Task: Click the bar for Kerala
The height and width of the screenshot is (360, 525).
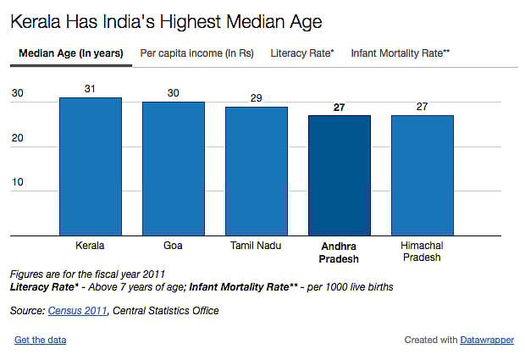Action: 90,166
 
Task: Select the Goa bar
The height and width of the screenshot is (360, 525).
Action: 173,169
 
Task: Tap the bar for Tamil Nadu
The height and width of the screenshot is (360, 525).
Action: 256,171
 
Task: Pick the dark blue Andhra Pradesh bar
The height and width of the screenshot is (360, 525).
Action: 339,175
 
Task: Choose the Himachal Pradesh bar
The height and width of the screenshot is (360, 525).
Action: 422,175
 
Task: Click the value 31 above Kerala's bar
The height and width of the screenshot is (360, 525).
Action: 90,88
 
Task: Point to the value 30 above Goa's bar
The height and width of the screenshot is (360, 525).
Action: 173,92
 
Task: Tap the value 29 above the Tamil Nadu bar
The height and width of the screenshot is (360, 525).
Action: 256,97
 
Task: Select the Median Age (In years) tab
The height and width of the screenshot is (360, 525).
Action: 70,53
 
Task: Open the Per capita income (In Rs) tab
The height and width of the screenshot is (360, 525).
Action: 196,53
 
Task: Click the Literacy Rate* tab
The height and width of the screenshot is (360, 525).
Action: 302,53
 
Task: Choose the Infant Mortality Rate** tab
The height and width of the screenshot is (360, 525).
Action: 400,53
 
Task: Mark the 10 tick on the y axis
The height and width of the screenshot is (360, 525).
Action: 18,182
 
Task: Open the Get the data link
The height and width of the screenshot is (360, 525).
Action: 40,340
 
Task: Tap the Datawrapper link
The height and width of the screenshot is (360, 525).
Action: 487,340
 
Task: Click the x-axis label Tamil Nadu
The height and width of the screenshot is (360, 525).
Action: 256,246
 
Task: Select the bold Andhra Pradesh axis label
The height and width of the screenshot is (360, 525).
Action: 339,252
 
